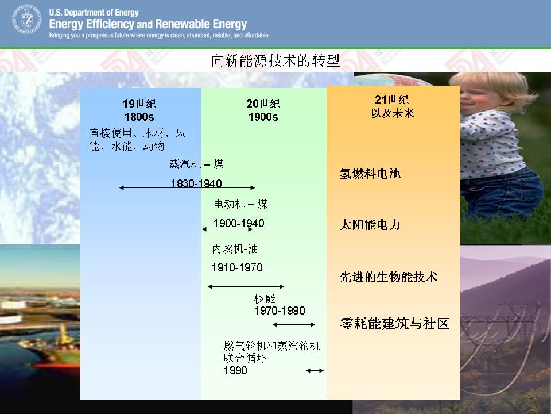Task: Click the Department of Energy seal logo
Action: point(27,19)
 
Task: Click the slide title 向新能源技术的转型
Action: point(275,60)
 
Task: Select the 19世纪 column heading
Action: point(139,104)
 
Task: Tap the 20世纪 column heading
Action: point(263,104)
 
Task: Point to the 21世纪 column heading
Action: point(392,100)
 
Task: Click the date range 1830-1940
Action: point(196,183)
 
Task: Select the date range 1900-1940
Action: point(239,223)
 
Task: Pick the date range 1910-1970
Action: point(237,267)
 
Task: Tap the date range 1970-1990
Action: point(280,310)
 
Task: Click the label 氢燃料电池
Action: point(370,174)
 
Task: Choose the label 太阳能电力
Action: point(370,225)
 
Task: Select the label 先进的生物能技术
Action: point(389,277)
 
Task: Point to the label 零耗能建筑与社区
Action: point(395,324)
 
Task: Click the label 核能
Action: point(265,299)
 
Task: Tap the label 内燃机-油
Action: point(235,249)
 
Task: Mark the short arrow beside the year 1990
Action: point(315,370)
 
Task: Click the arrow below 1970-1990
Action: point(294,324)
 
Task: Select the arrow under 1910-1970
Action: point(246,286)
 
